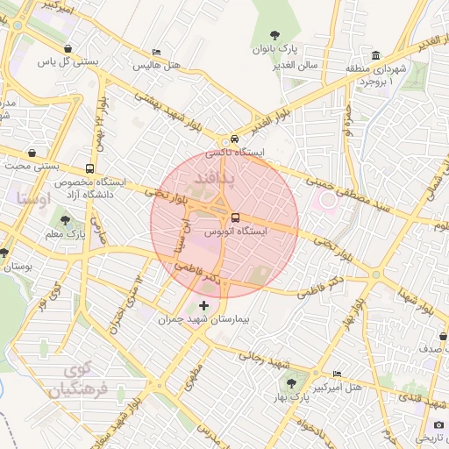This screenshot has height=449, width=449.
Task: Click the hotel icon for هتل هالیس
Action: pos(156,53)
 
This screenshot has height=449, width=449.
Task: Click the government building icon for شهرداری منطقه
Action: pos(376,54)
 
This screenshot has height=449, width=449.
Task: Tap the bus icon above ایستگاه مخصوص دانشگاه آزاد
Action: pos(90,169)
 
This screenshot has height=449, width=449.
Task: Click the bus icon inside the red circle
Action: pos(235,218)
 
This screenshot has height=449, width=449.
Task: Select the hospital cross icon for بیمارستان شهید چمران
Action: pos(205,305)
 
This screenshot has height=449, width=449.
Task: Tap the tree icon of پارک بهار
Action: pos(289,383)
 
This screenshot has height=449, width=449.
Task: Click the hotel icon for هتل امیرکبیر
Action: pos(338,374)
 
